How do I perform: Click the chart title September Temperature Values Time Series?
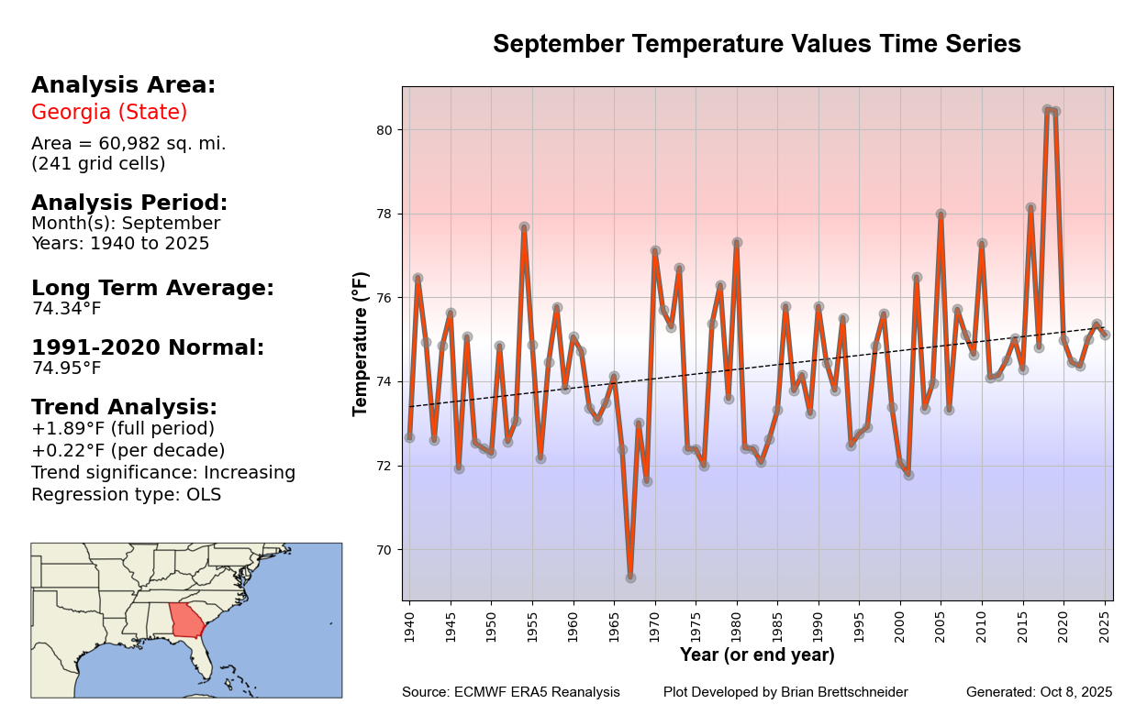756,44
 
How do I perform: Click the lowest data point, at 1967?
630,577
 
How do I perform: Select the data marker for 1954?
524,226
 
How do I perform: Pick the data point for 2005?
941,214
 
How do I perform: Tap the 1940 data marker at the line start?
409,437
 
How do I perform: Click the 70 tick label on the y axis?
384,550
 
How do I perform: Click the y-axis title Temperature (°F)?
361,344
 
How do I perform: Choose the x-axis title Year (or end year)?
757,655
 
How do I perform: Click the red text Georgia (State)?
109,113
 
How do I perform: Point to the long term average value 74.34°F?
66,309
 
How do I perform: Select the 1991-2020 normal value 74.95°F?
66,368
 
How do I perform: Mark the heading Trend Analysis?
124,407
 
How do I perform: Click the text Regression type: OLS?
126,495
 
